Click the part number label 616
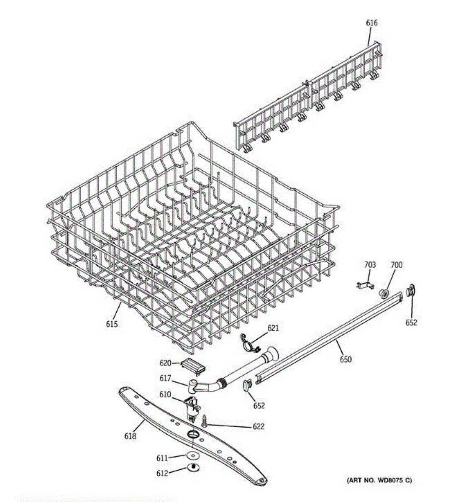click(x=371, y=23)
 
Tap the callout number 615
click(x=112, y=324)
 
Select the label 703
click(x=370, y=265)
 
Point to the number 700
click(x=396, y=265)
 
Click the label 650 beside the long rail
click(x=346, y=359)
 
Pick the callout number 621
click(x=273, y=328)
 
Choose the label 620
click(x=166, y=363)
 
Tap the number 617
click(x=166, y=379)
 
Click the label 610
click(x=166, y=394)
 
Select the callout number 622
click(x=259, y=427)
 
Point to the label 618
click(x=130, y=436)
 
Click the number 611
click(x=162, y=458)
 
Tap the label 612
click(x=162, y=473)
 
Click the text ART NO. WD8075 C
click(x=379, y=480)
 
